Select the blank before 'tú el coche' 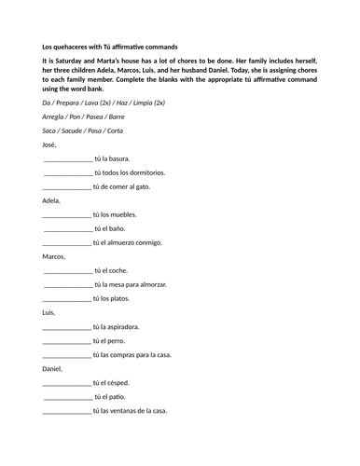[67, 270]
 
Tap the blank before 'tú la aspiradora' [67, 326]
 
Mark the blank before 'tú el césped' [67, 382]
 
